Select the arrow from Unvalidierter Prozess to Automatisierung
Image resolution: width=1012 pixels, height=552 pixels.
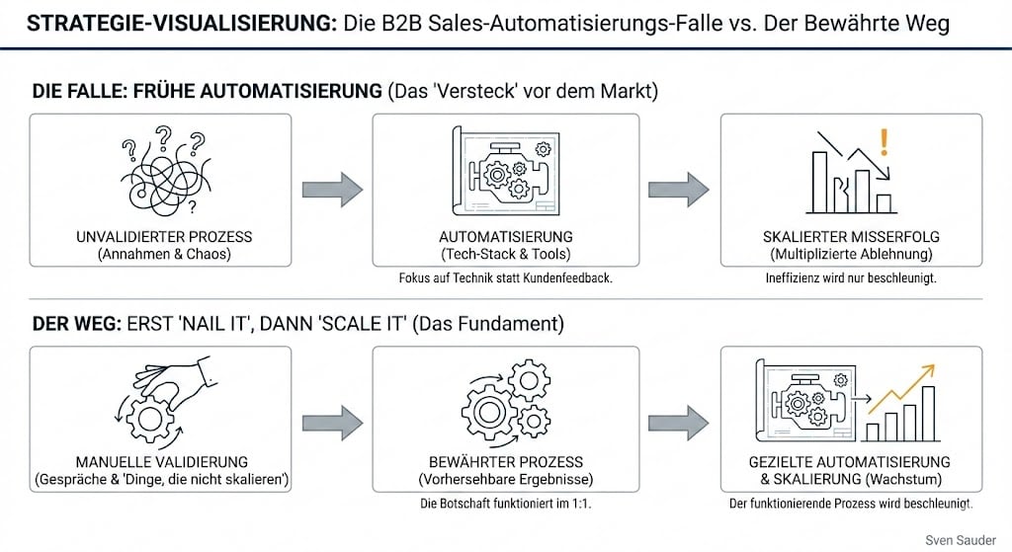[x=331, y=189]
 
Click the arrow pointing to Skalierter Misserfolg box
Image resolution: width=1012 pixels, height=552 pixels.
[x=677, y=189]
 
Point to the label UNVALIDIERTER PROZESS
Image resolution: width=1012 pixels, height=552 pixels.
[x=164, y=237]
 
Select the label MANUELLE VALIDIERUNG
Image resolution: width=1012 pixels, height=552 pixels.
[x=160, y=462]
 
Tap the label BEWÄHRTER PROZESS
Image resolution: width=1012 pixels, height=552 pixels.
[x=506, y=462]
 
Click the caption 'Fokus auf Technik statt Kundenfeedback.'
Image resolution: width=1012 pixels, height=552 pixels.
[x=506, y=278]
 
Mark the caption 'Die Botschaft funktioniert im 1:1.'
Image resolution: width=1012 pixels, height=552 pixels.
[x=506, y=504]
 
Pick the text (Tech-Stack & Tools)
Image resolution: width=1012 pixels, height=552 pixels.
[x=506, y=255]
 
